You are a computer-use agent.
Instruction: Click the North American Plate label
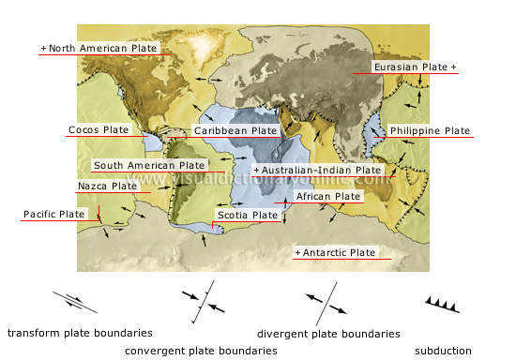[x=99, y=47]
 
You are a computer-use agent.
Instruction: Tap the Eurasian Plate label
[x=414, y=67]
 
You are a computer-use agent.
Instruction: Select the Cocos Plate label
[x=99, y=129]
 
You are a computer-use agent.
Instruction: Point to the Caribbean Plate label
[x=235, y=130]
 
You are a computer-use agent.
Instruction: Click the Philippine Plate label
[x=430, y=130]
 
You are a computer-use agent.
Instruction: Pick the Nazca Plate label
[x=106, y=187]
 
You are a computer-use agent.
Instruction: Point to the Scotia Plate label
[x=248, y=216]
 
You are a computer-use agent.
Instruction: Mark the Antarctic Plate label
[x=335, y=253]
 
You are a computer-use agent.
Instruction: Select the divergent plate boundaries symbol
[x=327, y=305]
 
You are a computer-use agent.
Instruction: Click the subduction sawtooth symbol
[x=443, y=303]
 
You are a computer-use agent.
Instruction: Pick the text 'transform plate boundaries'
[x=80, y=333]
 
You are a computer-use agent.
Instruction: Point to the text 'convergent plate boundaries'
[x=201, y=351]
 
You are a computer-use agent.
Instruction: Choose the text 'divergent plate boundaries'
[x=328, y=333]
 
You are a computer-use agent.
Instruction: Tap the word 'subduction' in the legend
[x=443, y=351]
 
